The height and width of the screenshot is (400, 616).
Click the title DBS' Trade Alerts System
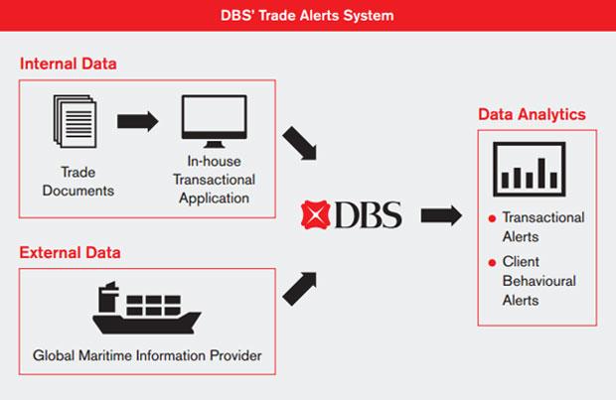(x=308, y=15)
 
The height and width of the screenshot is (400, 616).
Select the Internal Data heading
(x=68, y=64)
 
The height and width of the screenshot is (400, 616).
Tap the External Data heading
(x=70, y=252)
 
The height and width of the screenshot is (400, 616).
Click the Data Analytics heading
(x=532, y=114)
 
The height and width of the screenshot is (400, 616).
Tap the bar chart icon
(x=529, y=169)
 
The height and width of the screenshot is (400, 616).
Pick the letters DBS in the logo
(x=368, y=213)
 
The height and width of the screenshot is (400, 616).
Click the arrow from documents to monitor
(x=138, y=121)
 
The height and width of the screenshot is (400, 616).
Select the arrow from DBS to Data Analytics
(x=440, y=214)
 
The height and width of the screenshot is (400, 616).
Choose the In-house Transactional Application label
(x=214, y=180)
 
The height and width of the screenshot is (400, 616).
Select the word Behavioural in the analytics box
(x=539, y=281)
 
